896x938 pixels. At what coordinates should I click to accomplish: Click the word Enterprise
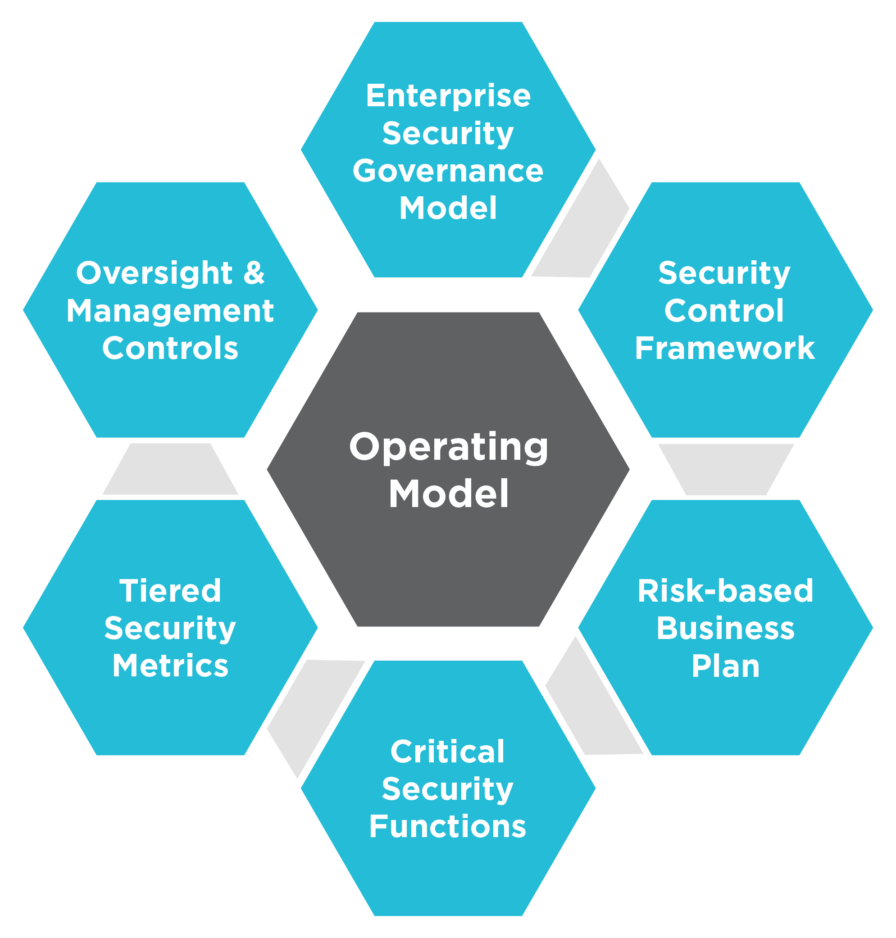(448, 95)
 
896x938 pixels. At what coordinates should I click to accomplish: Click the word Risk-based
(725, 590)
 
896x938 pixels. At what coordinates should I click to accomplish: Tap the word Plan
(725, 666)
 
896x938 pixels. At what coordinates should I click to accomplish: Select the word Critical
(447, 752)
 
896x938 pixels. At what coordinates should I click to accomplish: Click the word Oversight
(154, 273)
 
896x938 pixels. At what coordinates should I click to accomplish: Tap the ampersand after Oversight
(254, 273)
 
